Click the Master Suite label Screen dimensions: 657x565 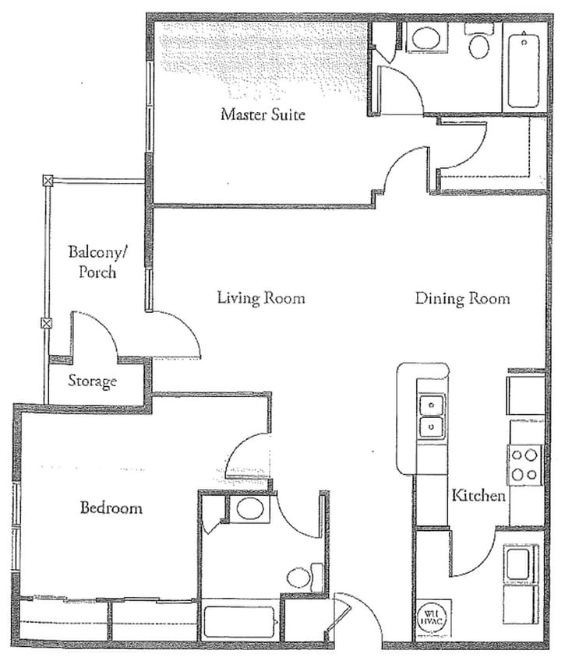263,114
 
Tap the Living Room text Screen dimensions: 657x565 260,298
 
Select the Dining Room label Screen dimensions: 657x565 462,298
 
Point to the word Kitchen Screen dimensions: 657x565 479,496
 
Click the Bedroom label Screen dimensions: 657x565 111,508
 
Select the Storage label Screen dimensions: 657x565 92,381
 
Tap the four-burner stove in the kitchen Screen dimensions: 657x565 524,464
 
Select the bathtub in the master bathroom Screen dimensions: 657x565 524,72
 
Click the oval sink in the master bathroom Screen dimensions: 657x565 425,38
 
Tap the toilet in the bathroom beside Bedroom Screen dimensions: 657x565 302,577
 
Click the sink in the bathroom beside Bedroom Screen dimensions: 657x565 249,510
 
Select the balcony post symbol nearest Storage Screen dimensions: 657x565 47,323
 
